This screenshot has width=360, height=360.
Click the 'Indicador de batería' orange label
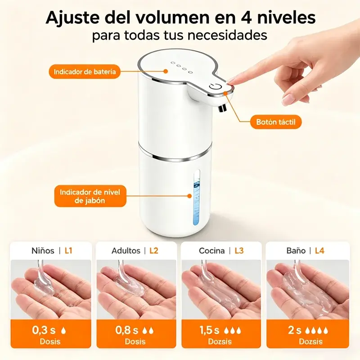click(85, 72)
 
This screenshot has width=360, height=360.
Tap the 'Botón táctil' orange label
click(275, 122)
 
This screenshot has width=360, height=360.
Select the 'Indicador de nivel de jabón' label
click(90, 196)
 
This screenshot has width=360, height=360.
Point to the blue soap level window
click(197, 198)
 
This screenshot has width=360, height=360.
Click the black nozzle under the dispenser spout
click(222, 108)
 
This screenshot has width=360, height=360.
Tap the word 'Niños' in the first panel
click(43, 251)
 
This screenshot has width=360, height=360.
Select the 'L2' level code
click(154, 251)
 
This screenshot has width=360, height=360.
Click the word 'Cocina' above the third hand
click(211, 251)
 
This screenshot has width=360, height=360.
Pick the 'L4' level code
click(319, 251)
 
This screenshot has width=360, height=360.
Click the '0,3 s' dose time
click(44, 330)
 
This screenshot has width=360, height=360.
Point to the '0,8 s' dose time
click(127, 330)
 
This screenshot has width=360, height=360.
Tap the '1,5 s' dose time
click(209, 330)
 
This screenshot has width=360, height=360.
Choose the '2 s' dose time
click(295, 330)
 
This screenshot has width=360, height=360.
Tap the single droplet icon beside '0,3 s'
click(63, 331)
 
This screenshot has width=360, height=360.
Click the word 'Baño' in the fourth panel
click(296, 251)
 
